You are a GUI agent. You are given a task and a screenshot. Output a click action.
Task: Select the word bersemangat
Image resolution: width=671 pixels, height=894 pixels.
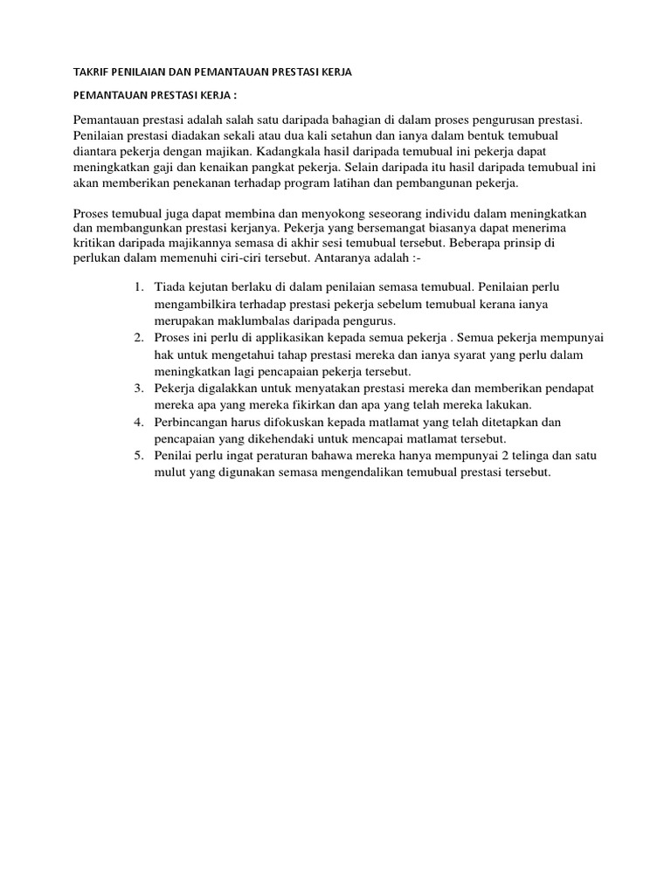(x=407, y=230)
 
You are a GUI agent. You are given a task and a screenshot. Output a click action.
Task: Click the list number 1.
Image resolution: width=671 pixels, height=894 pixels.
(x=140, y=286)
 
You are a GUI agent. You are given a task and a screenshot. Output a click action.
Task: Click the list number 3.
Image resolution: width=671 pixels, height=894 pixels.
(x=140, y=389)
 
